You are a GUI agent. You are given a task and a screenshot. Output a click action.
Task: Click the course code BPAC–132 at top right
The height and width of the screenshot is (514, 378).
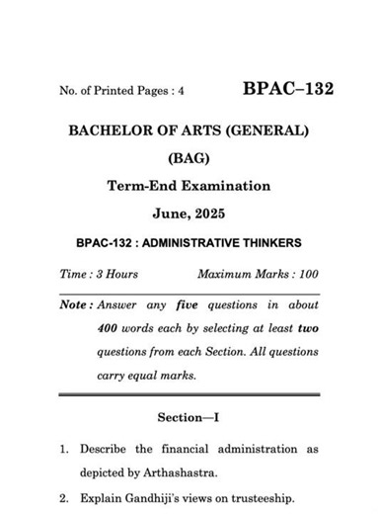click(287, 89)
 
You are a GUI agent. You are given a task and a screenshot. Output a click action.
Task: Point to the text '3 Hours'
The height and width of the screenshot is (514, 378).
click(115, 273)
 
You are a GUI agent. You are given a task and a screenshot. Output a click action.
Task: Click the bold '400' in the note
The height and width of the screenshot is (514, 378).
click(110, 328)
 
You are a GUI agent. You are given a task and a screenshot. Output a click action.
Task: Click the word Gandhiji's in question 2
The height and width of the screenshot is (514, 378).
click(155, 498)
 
